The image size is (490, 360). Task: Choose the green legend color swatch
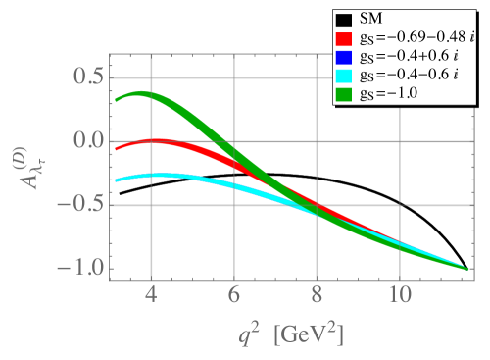click(x=343, y=94)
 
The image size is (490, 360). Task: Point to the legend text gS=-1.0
click(x=393, y=94)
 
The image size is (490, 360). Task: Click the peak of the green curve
click(x=143, y=95)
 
